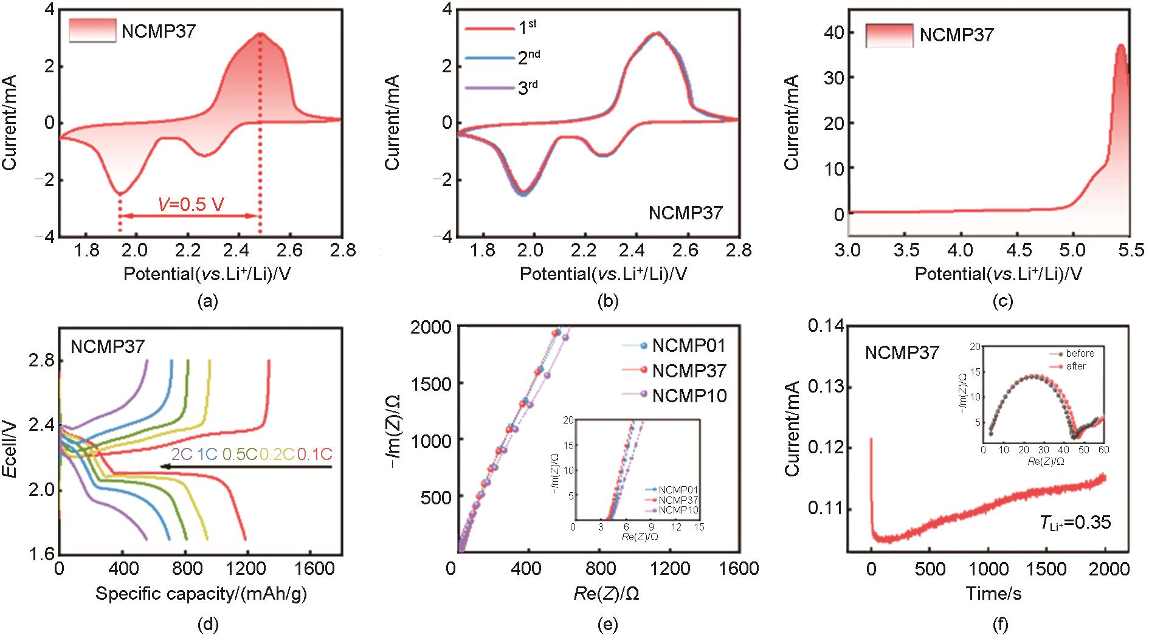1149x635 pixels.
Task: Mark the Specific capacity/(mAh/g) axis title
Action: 201,594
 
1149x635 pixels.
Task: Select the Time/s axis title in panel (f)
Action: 993,594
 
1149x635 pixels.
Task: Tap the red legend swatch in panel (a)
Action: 92,30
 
